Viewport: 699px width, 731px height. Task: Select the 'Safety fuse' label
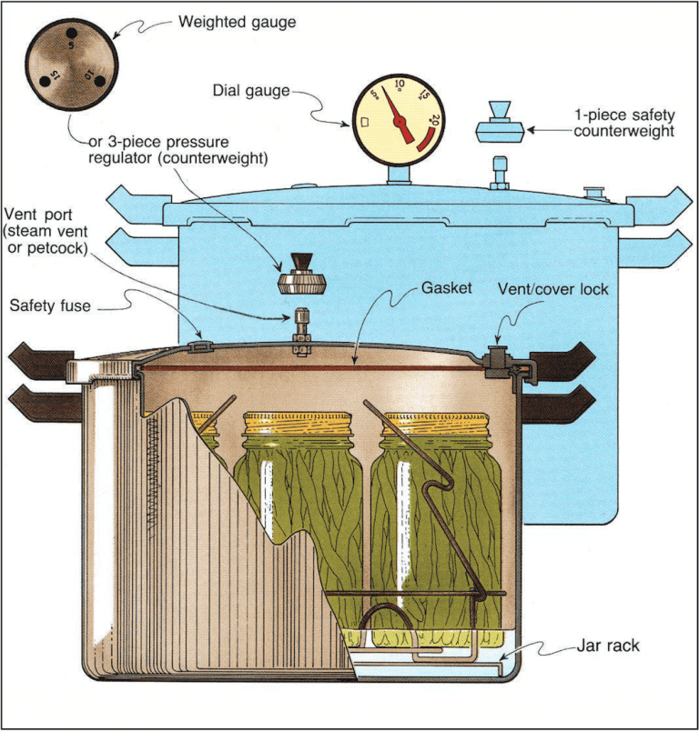(55, 305)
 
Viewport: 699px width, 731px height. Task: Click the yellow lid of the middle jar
(297, 423)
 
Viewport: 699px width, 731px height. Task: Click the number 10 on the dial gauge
(399, 84)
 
